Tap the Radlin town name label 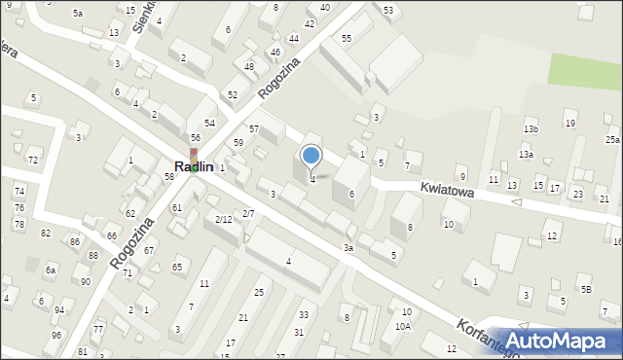point(194,167)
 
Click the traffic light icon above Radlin point(193,152)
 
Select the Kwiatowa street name point(447,192)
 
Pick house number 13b point(530,129)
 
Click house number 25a point(611,140)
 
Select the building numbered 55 point(346,38)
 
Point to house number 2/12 point(223,219)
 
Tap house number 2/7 point(248,213)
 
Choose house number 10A point(402,327)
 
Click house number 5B point(586,289)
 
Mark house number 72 point(32,160)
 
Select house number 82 point(46,233)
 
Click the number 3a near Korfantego point(348,248)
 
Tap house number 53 point(388,10)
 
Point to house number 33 point(304,314)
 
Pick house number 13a point(526,155)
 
